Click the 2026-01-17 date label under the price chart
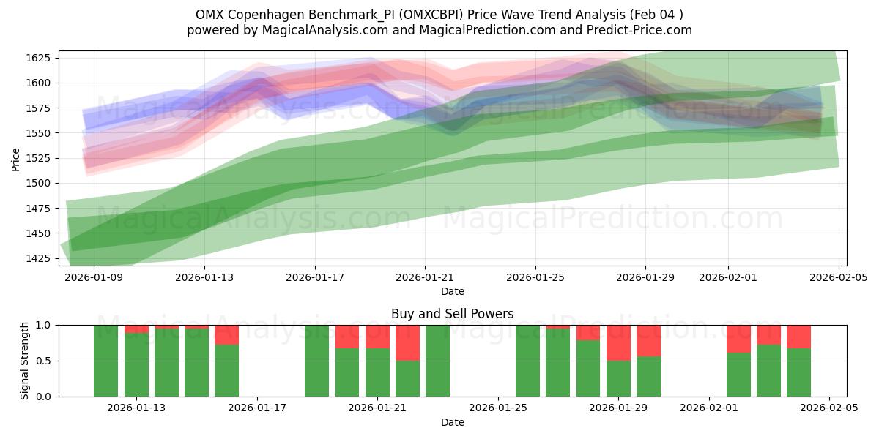coord(314,277)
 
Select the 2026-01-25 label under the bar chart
coord(498,408)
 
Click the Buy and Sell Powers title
coord(452,314)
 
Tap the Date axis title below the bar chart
coord(452,422)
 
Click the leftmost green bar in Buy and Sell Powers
coord(106,361)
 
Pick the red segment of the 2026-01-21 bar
coord(377,337)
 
